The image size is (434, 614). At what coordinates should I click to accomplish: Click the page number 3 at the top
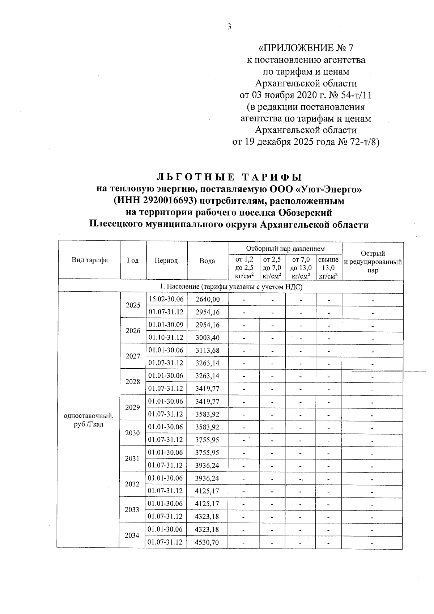(229, 26)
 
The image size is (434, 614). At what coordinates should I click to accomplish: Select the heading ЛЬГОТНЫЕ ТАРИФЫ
(229, 177)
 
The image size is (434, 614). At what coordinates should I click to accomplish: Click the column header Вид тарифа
(90, 260)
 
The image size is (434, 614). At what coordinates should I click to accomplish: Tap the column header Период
(166, 261)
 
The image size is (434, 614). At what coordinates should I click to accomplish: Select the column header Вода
(207, 261)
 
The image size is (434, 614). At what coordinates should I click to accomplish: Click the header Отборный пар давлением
(285, 249)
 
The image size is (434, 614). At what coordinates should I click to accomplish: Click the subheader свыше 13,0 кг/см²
(328, 268)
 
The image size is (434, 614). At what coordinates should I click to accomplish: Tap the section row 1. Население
(231, 287)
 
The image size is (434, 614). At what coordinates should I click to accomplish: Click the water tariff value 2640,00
(207, 300)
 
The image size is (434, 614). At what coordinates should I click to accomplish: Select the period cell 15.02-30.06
(166, 299)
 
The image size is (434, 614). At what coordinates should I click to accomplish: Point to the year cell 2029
(132, 407)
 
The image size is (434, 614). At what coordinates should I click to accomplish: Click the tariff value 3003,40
(207, 338)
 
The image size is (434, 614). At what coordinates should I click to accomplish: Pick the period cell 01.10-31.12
(166, 338)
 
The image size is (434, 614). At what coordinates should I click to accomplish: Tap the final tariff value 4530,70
(207, 542)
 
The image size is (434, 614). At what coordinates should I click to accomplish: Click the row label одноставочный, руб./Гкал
(89, 420)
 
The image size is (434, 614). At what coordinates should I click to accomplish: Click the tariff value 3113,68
(207, 350)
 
